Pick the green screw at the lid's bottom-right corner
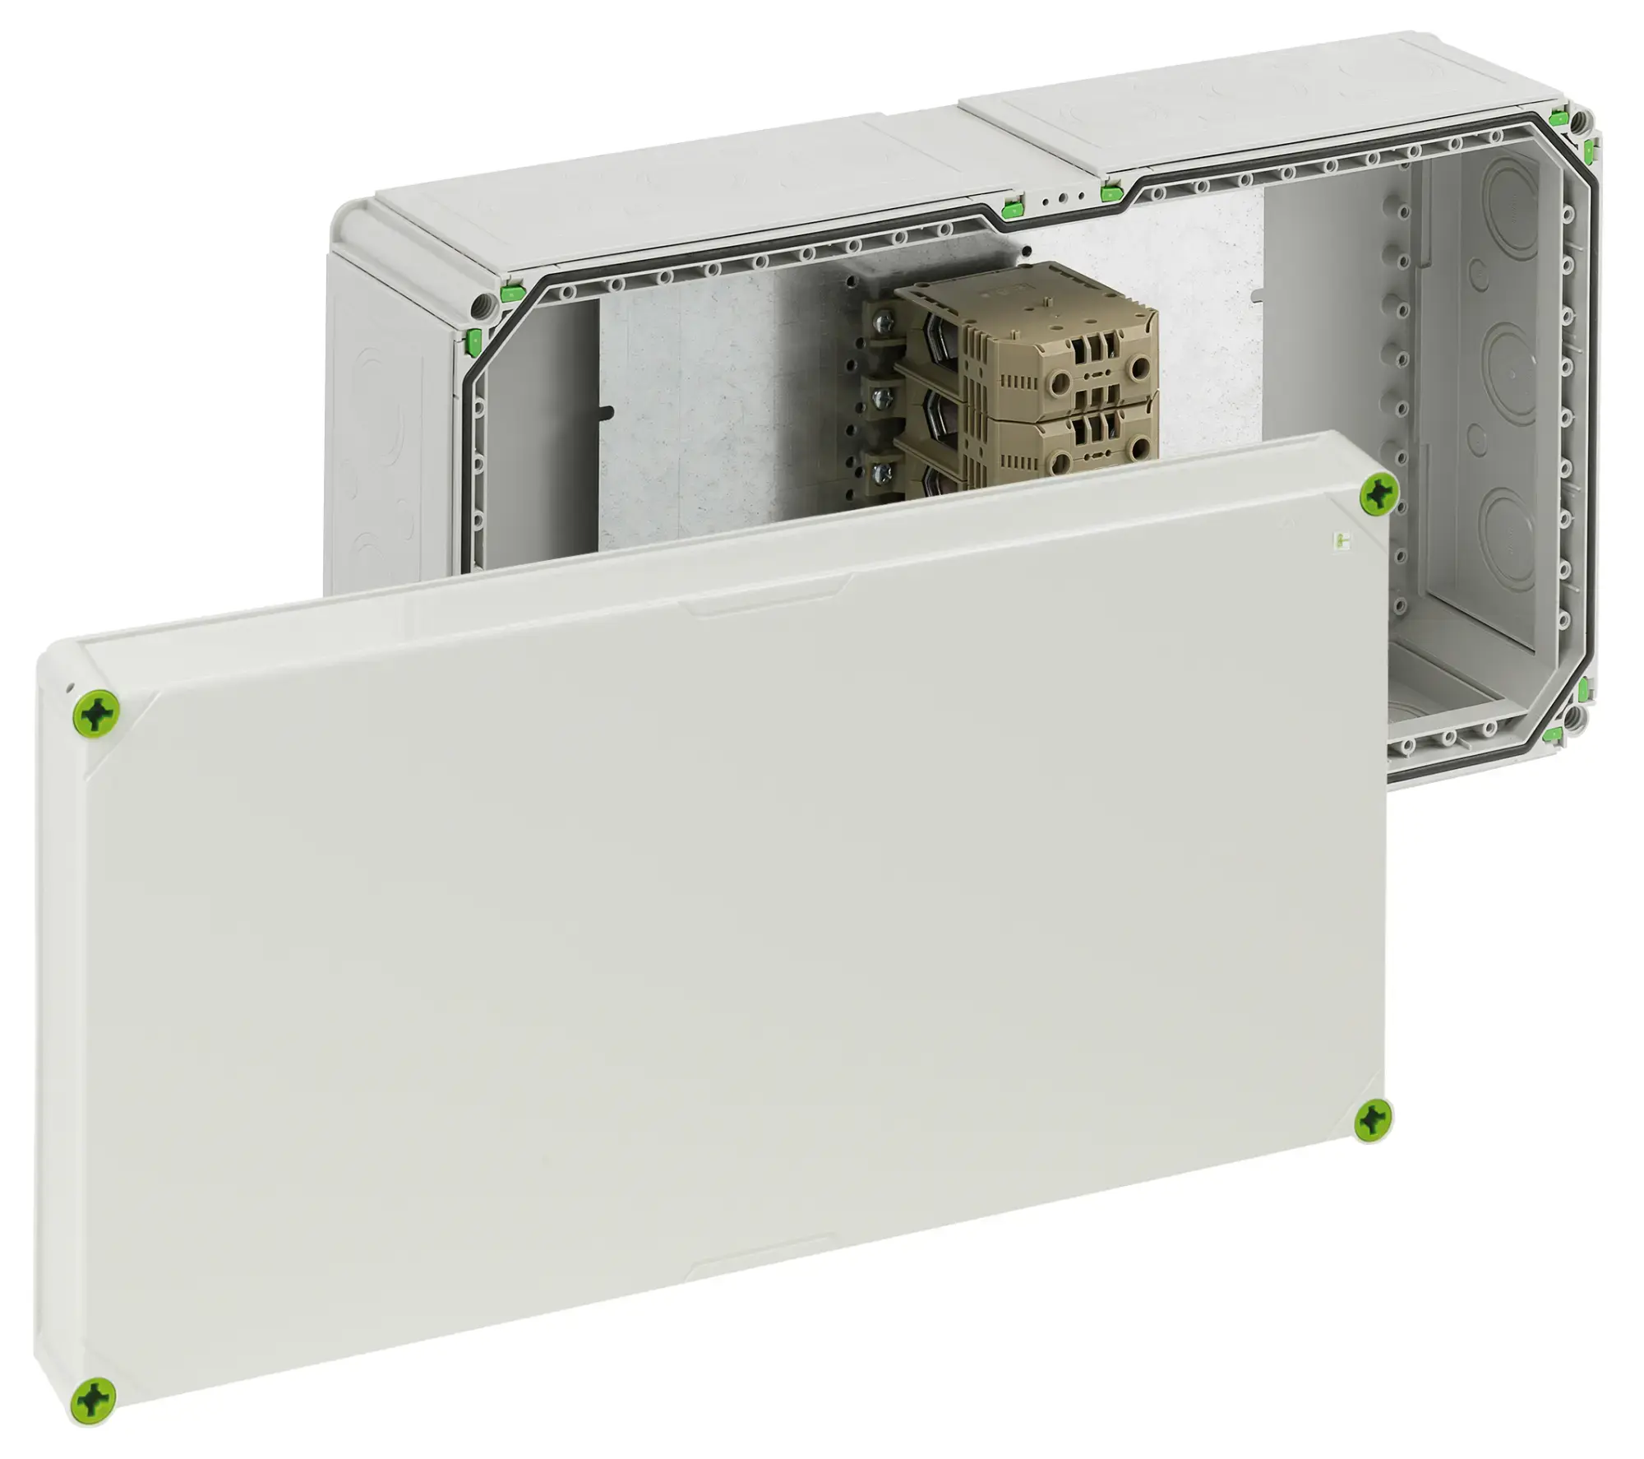point(1373,1119)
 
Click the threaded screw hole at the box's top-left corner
point(479,311)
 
